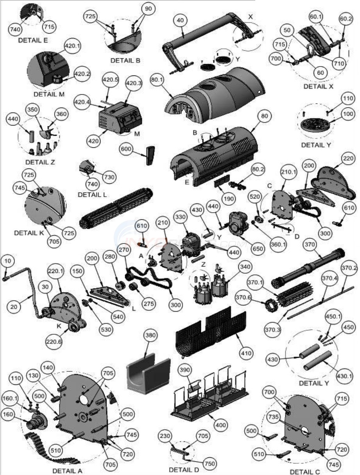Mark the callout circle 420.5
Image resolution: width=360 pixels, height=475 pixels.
coord(110,79)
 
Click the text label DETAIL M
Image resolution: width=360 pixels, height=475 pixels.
coord(49,94)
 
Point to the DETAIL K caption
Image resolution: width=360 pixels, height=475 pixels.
coord(30,233)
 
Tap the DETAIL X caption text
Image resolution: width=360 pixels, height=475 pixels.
coord(318,86)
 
